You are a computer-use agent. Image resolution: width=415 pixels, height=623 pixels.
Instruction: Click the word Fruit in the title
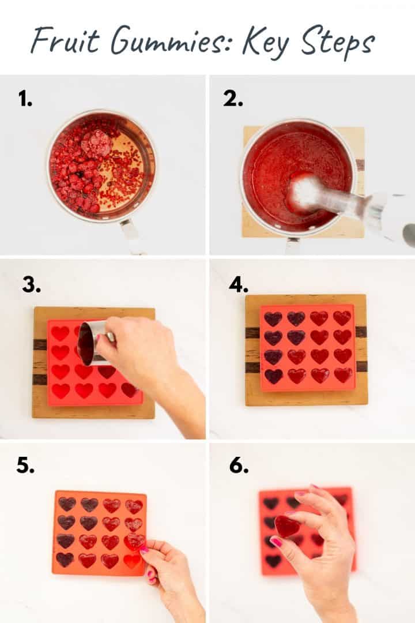pos(59,40)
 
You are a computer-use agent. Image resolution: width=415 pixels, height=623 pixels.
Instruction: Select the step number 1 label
pos(25,99)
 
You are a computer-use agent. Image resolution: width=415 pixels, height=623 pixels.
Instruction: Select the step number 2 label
pos(233,99)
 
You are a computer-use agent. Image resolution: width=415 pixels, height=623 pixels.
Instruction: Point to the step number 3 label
pos(31,284)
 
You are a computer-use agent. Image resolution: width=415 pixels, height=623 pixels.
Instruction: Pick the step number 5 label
pos(25,466)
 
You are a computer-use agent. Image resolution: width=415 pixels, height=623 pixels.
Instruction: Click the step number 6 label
pos(239,466)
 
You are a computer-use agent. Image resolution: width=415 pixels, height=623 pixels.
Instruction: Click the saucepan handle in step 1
pos(130,234)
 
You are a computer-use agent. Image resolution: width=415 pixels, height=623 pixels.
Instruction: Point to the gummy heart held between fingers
pos(286,526)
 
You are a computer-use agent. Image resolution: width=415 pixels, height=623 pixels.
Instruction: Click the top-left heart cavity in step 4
pos(273,318)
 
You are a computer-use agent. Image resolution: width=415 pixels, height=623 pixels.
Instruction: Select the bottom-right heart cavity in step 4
pos(342,375)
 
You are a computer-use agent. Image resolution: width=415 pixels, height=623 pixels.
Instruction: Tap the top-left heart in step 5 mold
pos(66,504)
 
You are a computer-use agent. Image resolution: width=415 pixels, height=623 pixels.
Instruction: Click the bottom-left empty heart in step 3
pos(61,391)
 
